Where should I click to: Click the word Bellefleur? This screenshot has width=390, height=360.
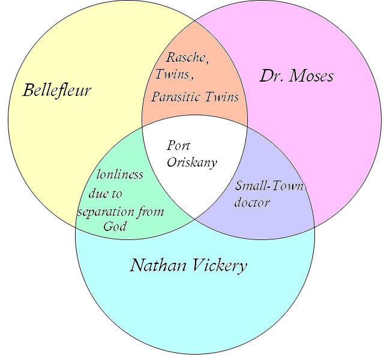click(57, 91)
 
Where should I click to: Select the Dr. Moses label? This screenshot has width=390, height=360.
click(296, 76)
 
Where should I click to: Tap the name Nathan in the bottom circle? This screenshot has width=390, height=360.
click(157, 266)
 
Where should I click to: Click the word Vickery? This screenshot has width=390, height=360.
click(217, 266)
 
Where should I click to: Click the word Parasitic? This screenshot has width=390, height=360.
click(176, 97)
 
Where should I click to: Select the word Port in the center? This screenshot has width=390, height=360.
click(178, 146)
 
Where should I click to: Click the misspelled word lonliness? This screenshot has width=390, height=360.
click(120, 175)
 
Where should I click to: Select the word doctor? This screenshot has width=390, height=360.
click(251, 202)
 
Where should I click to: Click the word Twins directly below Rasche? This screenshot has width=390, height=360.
click(170, 76)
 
